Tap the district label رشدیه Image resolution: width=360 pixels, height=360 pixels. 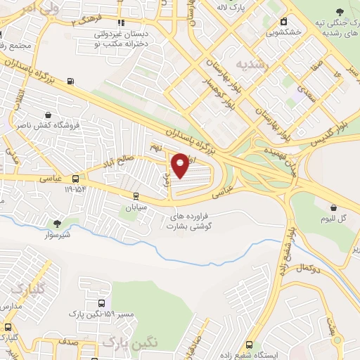pyautogui.click(x=252, y=65)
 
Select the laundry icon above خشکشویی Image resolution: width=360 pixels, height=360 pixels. pyautogui.click(x=284, y=22)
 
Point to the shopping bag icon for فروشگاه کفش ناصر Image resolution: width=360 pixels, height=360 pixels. pyautogui.click(x=47, y=115)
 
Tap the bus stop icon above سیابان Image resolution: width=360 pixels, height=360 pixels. pyautogui.click(x=134, y=197)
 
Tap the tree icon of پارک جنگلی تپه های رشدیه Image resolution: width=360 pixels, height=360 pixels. pyautogui.click(x=340, y=12)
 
